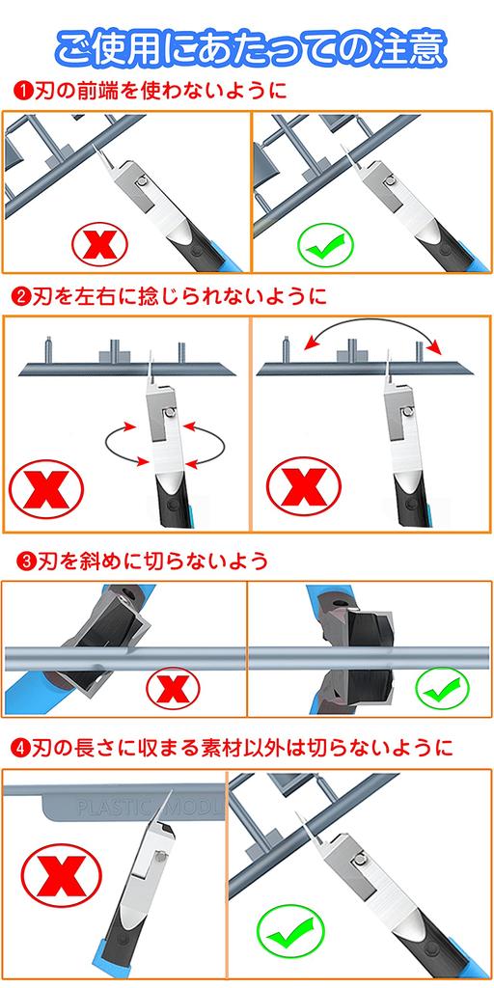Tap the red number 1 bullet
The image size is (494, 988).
coord(22,91)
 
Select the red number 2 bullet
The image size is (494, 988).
coord(22,295)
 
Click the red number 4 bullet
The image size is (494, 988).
coord(22,748)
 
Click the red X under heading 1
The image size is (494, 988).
coord(99,244)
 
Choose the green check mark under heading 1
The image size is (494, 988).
coord(326,245)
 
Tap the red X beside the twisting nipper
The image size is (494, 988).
coord(46,489)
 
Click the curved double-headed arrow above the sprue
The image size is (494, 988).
coord(371,322)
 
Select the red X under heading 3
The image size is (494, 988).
coord(173,689)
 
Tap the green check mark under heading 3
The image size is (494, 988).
coord(442,689)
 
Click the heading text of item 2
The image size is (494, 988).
coord(179,295)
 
